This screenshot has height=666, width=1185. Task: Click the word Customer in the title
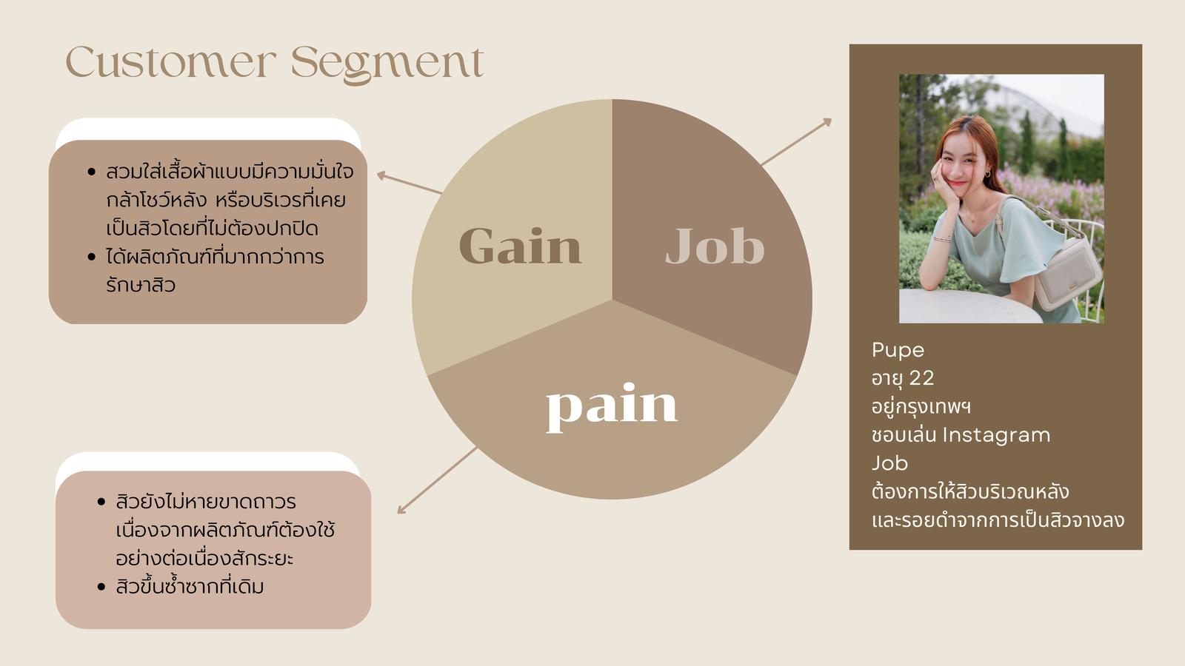pyautogui.click(x=171, y=62)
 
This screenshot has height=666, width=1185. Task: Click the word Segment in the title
pyautogui.click(x=388, y=64)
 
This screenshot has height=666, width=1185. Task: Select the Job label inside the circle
pyautogui.click(x=715, y=246)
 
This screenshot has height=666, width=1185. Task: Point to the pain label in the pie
pyautogui.click(x=612, y=407)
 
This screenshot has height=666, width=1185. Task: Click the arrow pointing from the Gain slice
pyautogui.click(x=410, y=183)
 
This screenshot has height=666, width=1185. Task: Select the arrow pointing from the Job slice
pyautogui.click(x=796, y=141)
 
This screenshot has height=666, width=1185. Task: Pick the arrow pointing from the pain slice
pyautogui.click(x=437, y=480)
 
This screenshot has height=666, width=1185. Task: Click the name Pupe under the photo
pyautogui.click(x=898, y=351)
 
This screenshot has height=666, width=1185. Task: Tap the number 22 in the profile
pyautogui.click(x=921, y=378)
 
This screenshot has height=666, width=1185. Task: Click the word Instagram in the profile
pyautogui.click(x=997, y=436)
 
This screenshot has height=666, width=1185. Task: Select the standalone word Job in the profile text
pyautogui.click(x=889, y=463)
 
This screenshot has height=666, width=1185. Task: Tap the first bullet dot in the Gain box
pyautogui.click(x=92, y=172)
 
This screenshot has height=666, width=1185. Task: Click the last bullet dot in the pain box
pyautogui.click(x=101, y=587)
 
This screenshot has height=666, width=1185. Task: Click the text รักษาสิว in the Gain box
pyautogui.click(x=141, y=286)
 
